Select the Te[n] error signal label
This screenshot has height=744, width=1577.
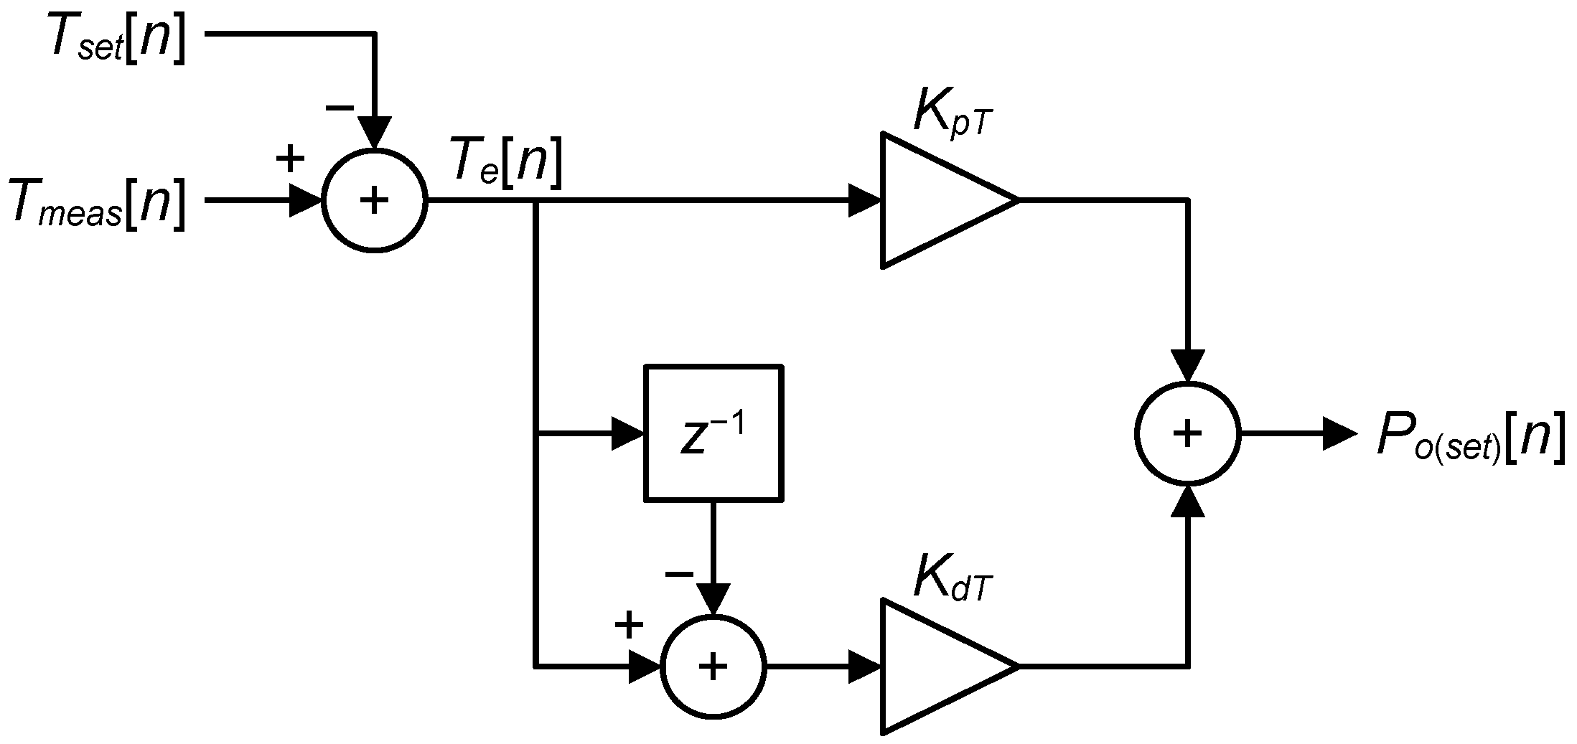[505, 166]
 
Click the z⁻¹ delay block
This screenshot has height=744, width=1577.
[713, 433]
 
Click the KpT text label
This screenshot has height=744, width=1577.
[953, 114]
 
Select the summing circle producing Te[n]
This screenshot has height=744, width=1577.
[374, 200]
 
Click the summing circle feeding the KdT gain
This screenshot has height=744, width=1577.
[713, 666]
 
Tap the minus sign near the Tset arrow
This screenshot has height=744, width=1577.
[340, 108]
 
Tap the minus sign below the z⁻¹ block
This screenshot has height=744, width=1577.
[679, 573]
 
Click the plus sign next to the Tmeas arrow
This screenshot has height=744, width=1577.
[290, 159]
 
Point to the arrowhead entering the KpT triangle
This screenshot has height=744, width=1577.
[865, 200]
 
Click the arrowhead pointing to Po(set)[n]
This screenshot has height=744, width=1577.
[1339, 434]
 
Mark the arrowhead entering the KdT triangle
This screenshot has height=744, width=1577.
[865, 666]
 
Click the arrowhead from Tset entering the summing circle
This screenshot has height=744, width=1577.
[374, 133]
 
